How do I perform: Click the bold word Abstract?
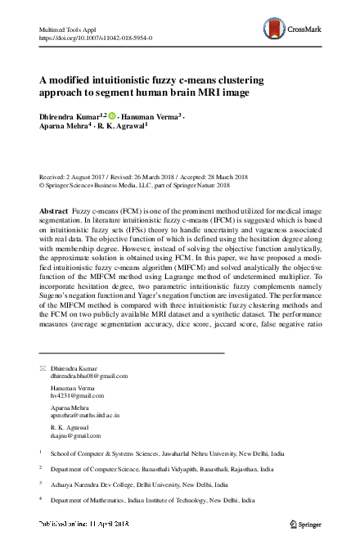tap(53, 210)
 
